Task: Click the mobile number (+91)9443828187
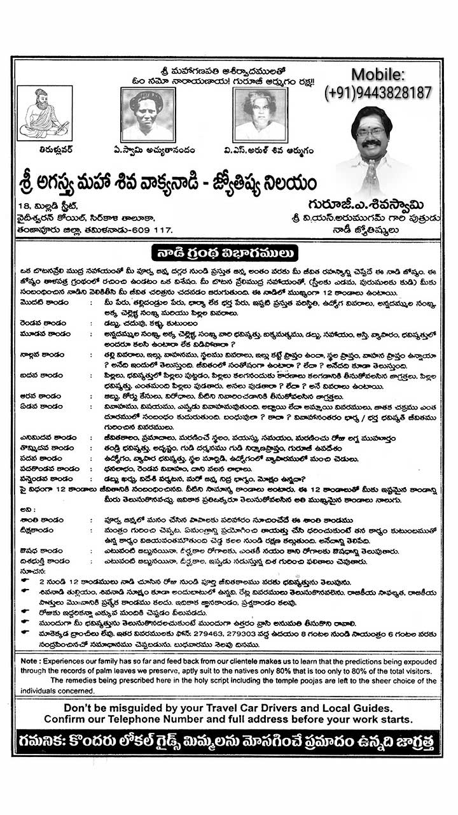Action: coord(378,93)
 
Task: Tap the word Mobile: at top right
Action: coord(378,74)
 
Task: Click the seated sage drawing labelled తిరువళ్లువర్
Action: coord(43,113)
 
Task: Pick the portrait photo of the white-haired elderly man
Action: coord(260,114)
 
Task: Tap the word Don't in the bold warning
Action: coord(79,707)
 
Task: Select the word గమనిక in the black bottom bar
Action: coord(44,741)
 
